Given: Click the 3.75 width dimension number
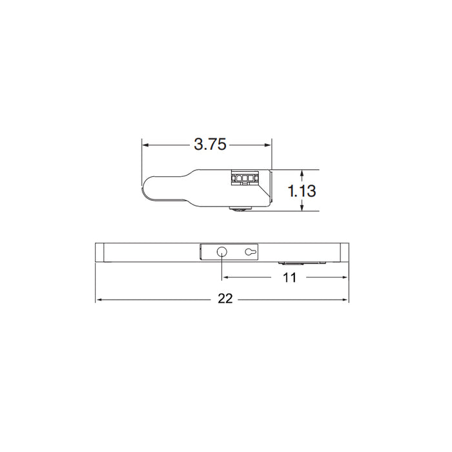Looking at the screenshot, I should pyautogui.click(x=210, y=145).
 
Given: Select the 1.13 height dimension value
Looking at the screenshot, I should pyautogui.click(x=302, y=190).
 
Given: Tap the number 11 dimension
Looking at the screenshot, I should pyautogui.click(x=289, y=278).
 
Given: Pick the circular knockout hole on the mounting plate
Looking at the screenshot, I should pyautogui.click(x=221, y=252).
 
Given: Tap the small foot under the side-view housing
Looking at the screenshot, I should pyautogui.click(x=241, y=209).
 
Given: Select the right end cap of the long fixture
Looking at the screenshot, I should pyautogui.click(x=344, y=252).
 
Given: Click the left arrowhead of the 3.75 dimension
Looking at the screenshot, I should pyautogui.click(x=145, y=145).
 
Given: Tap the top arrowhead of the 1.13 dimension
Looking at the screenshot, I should pyautogui.click(x=302, y=173).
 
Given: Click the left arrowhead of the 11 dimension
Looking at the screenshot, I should pyautogui.click(x=225, y=278).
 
